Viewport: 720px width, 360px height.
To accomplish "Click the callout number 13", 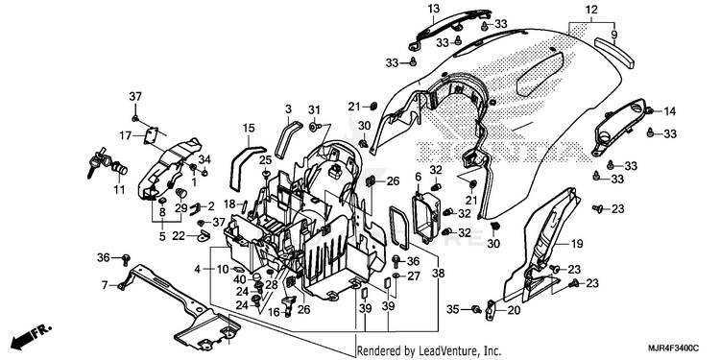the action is [434, 9].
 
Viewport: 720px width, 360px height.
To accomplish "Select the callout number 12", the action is [591, 9].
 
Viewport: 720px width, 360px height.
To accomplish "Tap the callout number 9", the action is [614, 34].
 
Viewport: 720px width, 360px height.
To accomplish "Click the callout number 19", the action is [577, 244].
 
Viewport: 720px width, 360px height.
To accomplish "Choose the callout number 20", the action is [514, 311].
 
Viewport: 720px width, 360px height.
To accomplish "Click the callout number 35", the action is [453, 310].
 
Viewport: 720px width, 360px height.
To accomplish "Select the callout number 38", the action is [438, 274].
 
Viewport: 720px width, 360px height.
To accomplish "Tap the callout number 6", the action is [418, 178].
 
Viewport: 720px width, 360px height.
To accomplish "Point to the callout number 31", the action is [314, 110].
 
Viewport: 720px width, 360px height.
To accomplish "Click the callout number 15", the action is [249, 128].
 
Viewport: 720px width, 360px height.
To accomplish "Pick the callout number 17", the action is [126, 136].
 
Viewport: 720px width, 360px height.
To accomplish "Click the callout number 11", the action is [119, 189].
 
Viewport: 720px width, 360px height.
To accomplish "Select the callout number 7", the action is [106, 286].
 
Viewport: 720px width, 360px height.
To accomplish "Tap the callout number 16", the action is [274, 313].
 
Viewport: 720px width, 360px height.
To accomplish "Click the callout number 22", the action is [179, 236].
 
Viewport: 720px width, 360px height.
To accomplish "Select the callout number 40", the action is [240, 279].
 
